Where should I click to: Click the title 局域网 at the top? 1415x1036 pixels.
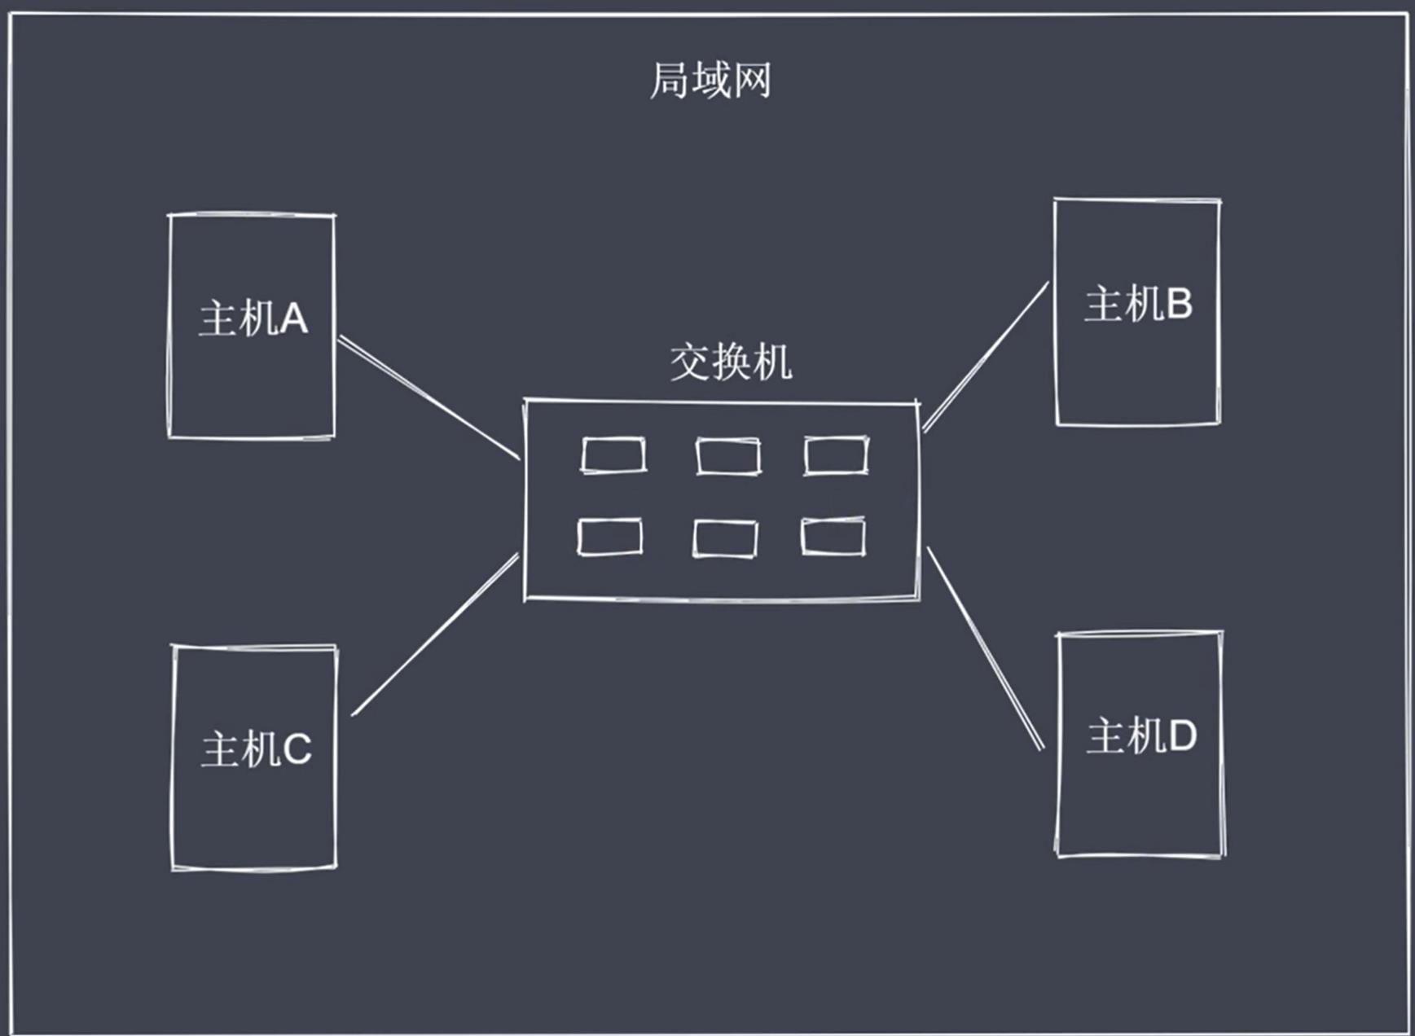(710, 81)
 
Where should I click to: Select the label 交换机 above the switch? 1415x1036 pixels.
(731, 362)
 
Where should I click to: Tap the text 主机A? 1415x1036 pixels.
(253, 318)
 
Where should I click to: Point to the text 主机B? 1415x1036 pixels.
(1138, 304)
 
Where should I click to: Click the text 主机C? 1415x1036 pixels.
(257, 749)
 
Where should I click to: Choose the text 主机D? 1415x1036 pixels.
(1141, 735)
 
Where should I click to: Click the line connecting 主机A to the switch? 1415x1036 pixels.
(429, 397)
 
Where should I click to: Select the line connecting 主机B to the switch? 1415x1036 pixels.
(986, 357)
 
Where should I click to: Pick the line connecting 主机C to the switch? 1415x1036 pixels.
(435, 635)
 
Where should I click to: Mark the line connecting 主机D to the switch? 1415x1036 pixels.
(986, 648)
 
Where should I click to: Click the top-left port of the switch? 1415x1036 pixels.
(613, 455)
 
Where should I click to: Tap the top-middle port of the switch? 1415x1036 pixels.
(728, 456)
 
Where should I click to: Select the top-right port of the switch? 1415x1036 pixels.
(836, 455)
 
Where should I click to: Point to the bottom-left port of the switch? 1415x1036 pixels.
(610, 537)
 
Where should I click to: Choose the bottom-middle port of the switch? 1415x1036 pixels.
(725, 538)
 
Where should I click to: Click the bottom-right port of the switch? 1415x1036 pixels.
(833, 536)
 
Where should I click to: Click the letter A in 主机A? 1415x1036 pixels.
(294, 318)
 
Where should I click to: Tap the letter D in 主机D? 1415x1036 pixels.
(1183, 736)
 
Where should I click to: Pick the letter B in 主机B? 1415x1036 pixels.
(1180, 305)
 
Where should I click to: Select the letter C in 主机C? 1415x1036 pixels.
(297, 750)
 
